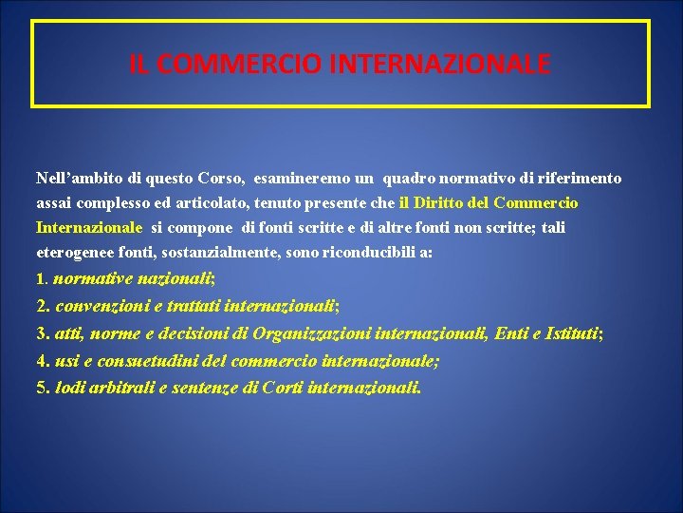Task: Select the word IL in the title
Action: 138,65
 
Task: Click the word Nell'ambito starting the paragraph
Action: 79,178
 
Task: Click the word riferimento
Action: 581,178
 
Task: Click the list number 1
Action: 40,279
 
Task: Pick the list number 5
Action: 42,388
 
